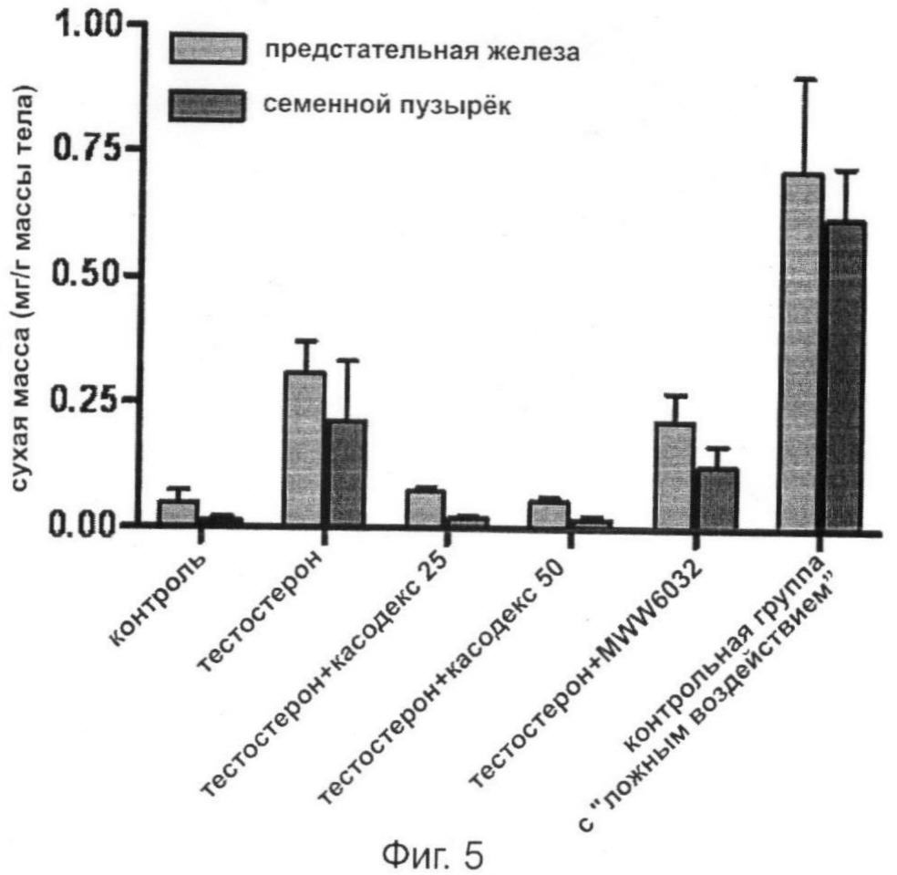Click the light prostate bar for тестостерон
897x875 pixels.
(x=305, y=447)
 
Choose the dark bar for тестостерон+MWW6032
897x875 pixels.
(x=717, y=496)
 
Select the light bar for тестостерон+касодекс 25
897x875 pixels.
(x=426, y=507)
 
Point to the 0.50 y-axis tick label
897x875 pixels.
(x=88, y=275)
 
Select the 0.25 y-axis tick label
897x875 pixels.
(x=88, y=400)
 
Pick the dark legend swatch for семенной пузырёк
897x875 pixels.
(x=209, y=106)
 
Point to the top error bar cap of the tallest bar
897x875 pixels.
(x=803, y=80)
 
